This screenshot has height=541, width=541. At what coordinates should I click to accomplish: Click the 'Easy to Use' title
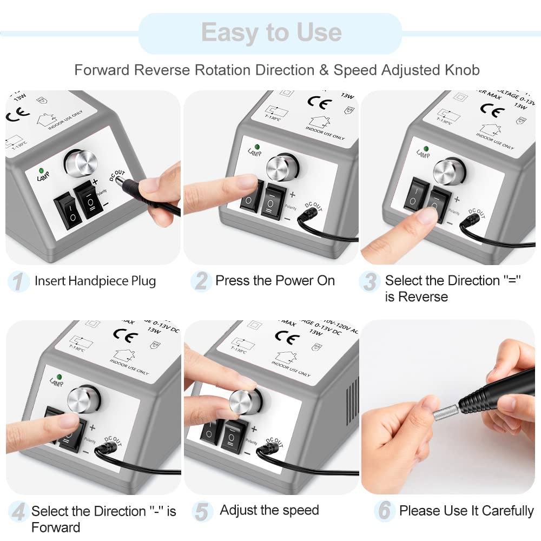(x=271, y=32)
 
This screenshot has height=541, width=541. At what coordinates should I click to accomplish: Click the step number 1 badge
(x=18, y=281)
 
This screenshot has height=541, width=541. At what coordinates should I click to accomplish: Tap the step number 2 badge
(x=201, y=281)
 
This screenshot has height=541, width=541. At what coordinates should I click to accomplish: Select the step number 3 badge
(x=370, y=281)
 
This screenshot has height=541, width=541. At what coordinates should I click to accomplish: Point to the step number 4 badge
(x=18, y=512)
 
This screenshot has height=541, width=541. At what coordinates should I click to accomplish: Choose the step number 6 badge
(x=384, y=510)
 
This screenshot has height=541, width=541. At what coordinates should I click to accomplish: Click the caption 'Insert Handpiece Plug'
(x=95, y=281)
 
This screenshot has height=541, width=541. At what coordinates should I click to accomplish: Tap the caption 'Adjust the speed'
(x=269, y=510)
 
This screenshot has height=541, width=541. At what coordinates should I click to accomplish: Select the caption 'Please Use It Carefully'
(x=466, y=510)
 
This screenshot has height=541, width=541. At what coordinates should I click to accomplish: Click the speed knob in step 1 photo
(x=80, y=161)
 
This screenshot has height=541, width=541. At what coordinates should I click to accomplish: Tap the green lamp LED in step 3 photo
(x=426, y=148)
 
